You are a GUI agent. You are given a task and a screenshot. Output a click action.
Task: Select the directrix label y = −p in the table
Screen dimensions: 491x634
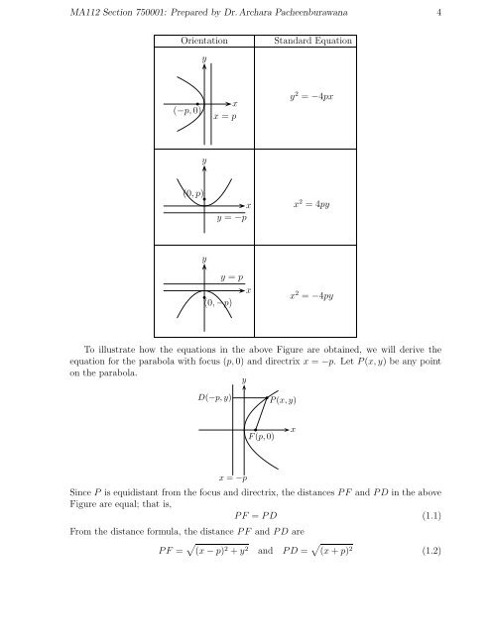(x=231, y=218)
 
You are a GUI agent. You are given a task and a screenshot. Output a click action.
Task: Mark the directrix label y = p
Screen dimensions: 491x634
(x=233, y=277)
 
